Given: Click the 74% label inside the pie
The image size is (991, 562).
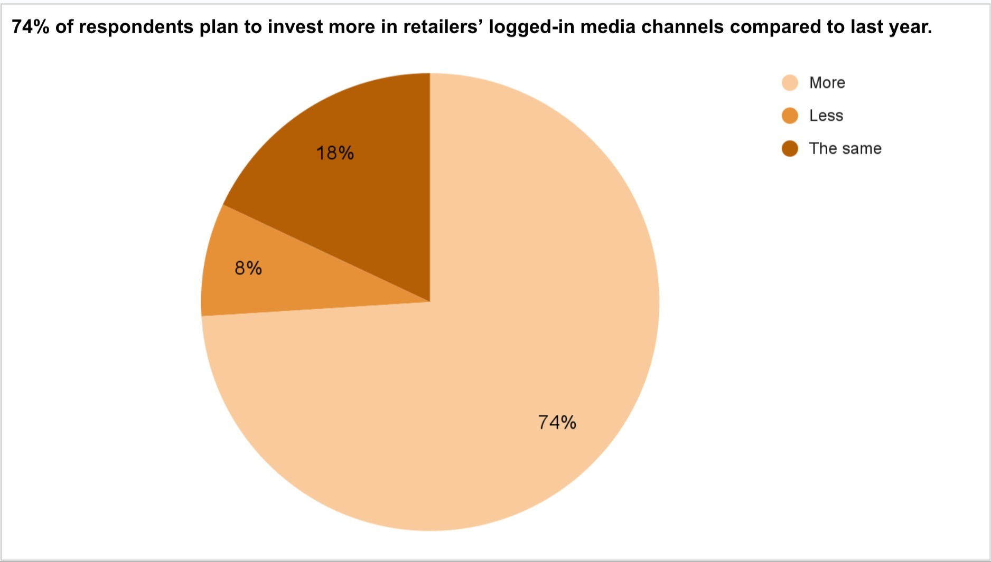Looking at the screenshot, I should [557, 422].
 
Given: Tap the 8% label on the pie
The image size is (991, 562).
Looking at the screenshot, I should [248, 268].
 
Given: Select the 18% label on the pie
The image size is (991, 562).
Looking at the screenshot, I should [335, 153].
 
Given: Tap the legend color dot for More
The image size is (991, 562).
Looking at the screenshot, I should [790, 83].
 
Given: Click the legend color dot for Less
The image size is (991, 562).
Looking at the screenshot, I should [790, 116].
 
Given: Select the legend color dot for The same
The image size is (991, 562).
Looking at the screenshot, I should [790, 149].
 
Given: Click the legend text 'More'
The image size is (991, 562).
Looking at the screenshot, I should [827, 83].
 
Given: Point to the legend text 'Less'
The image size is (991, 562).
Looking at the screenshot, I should [826, 116].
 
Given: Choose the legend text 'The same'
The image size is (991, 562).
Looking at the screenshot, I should [845, 149].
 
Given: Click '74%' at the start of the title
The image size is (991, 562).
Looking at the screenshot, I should [31, 27].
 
